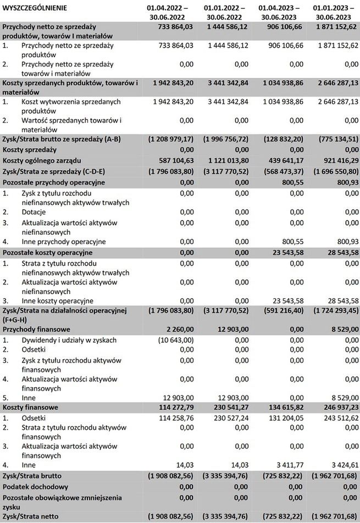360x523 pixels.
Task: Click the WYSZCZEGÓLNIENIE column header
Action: tap(35, 8)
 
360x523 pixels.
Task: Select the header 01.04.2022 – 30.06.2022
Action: tap(167, 13)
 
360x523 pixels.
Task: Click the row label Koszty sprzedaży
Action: tap(30, 149)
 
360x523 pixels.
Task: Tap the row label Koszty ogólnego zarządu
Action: tap(42, 160)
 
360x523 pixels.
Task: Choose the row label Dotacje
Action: tap(34, 212)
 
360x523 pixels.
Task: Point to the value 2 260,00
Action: tap(179, 330)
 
